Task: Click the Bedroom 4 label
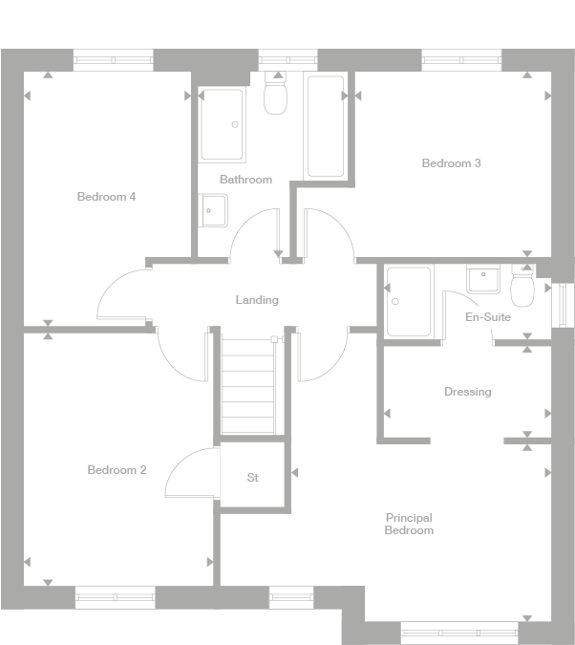click(x=106, y=197)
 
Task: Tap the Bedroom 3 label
click(x=451, y=163)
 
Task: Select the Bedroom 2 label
click(x=117, y=470)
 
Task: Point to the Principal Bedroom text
click(x=409, y=524)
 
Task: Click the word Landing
click(x=257, y=300)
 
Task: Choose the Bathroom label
click(x=245, y=180)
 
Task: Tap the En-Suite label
click(x=487, y=317)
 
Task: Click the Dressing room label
click(x=467, y=392)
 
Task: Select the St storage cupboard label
click(x=252, y=477)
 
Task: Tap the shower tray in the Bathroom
click(x=223, y=124)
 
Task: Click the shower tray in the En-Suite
click(x=409, y=301)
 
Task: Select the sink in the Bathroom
click(x=214, y=210)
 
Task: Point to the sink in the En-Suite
click(x=483, y=278)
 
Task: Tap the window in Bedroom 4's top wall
click(x=114, y=60)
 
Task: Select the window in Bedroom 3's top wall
click(x=461, y=60)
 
